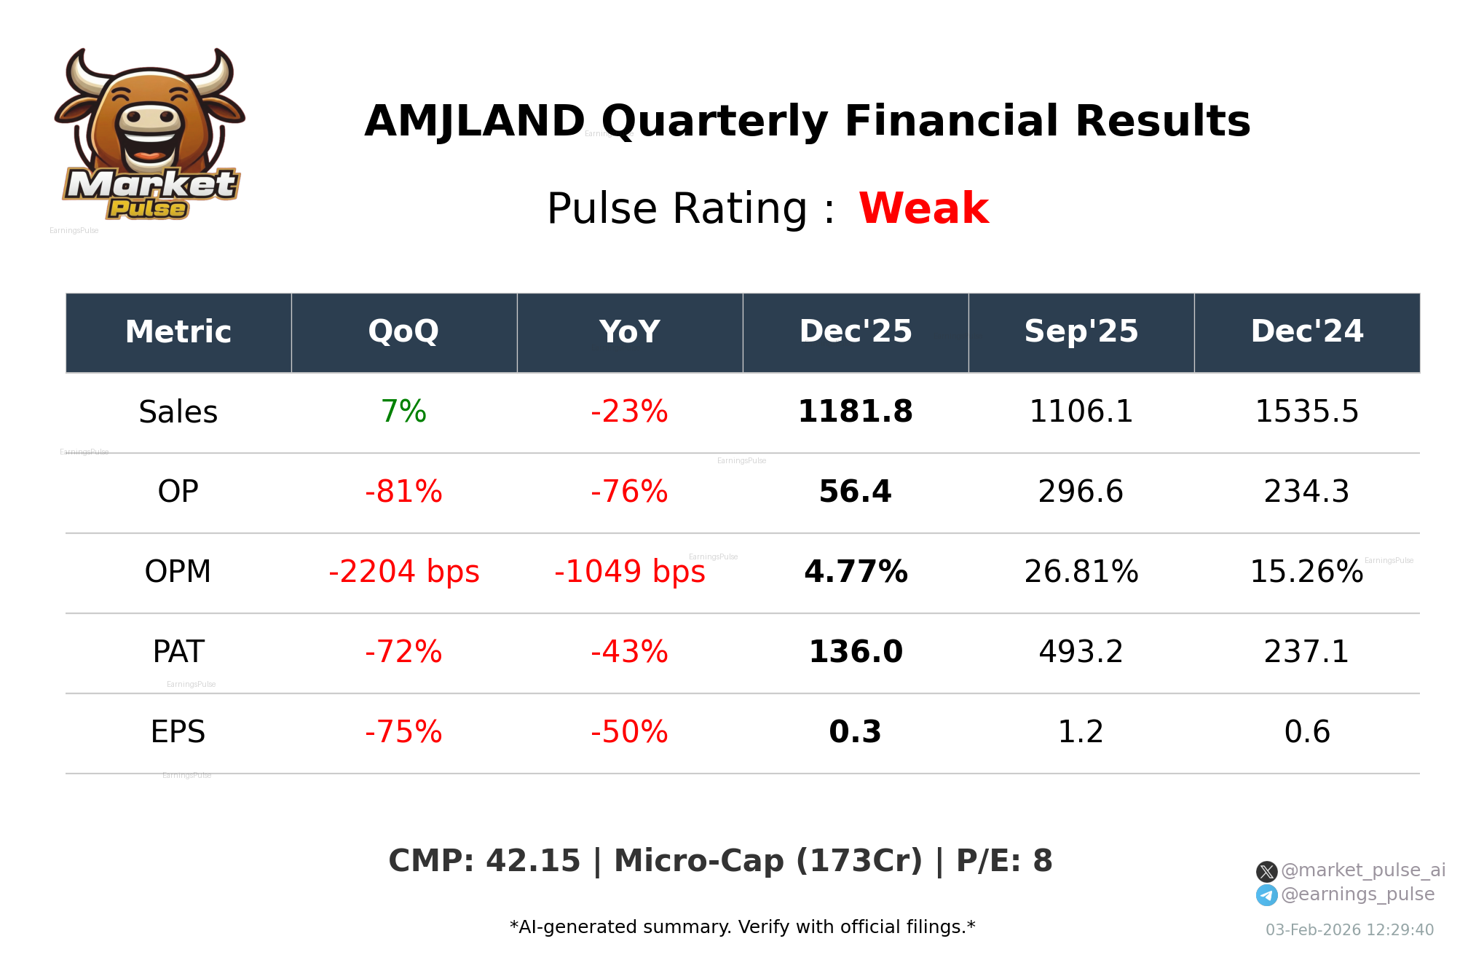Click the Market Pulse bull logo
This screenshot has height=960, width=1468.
tap(150, 135)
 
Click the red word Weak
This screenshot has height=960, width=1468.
tap(923, 208)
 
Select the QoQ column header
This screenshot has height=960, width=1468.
tap(403, 332)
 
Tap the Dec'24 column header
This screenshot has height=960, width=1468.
tap(1306, 332)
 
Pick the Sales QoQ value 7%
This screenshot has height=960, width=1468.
tap(403, 412)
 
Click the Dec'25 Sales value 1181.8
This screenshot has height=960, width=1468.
tap(855, 412)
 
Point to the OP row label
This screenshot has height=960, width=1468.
tap(178, 492)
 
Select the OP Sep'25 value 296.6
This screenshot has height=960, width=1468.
tap(1081, 492)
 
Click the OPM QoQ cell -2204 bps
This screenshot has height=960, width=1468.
tap(403, 572)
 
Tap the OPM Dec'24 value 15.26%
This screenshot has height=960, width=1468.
tap(1306, 572)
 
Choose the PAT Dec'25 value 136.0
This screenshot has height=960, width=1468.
tap(855, 652)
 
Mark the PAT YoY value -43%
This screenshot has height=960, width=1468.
tap(629, 652)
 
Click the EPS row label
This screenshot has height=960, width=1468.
tap(178, 732)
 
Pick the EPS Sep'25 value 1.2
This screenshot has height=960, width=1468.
tap(1081, 732)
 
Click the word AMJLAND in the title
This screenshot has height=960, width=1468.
tap(475, 121)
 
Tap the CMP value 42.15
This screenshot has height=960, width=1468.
tap(532, 861)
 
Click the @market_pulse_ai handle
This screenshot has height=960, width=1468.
tap(1362, 870)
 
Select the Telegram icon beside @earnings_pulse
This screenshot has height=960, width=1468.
tap(1266, 895)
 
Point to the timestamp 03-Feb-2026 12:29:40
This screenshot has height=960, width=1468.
tap(1349, 930)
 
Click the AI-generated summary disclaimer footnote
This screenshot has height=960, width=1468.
tap(742, 927)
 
